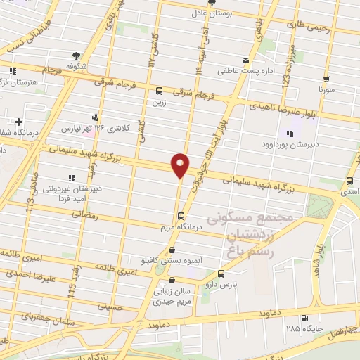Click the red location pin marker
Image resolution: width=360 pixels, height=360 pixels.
[181, 165]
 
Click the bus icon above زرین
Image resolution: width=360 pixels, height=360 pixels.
[160, 91]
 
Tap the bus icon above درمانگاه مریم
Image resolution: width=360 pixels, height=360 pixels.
[181, 216]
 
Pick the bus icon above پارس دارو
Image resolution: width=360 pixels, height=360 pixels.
[221, 274]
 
